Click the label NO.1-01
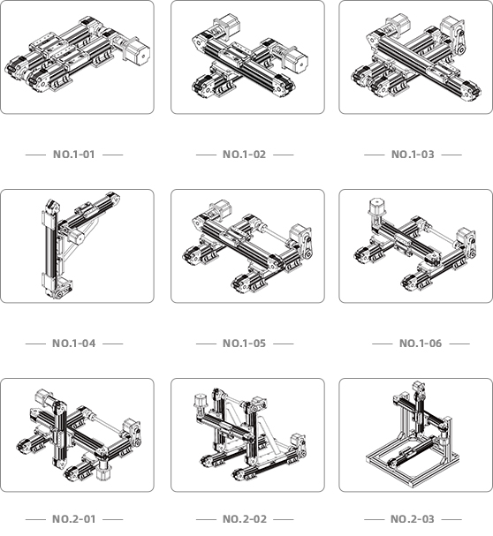click(74, 155)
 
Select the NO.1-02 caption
click(244, 155)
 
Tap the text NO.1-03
click(413, 155)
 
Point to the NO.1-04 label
click(74, 343)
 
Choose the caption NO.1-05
click(244, 343)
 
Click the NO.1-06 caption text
click(421, 343)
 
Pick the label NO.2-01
click(74, 519)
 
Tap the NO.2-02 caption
click(244, 519)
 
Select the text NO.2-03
click(413, 519)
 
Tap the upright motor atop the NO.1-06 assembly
click(376, 208)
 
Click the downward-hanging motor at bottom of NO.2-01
click(102, 470)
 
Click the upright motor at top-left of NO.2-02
click(199, 403)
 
